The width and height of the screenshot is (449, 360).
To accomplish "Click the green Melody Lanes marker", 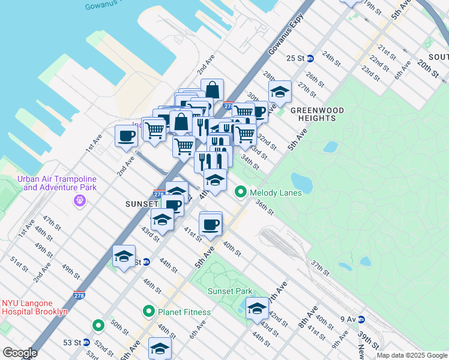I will (241, 191).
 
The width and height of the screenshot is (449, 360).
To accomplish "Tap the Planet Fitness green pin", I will (148, 311).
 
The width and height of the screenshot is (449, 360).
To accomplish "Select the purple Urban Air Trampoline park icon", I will (79, 200).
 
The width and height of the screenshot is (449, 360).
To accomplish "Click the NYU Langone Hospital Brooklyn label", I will (34, 307).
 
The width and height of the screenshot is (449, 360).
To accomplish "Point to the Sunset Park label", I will (227, 291).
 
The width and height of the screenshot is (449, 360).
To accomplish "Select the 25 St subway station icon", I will (310, 58).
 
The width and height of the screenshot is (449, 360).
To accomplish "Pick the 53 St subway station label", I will (71, 343).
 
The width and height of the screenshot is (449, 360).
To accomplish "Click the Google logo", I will (20, 353).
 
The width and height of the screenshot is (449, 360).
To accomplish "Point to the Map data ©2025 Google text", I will (412, 355).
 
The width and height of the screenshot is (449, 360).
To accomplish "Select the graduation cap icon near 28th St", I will (280, 91).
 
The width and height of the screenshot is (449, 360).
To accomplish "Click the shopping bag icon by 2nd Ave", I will (212, 89).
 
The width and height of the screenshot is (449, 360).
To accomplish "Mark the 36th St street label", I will (264, 208).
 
